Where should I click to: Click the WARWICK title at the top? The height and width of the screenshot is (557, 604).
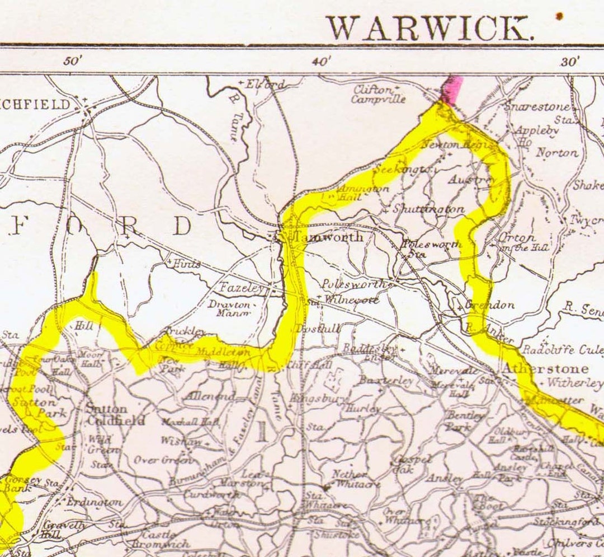428,28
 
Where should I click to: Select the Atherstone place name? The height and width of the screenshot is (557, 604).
545,369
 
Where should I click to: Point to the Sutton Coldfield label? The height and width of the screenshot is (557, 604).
115,415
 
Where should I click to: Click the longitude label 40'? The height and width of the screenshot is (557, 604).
322,61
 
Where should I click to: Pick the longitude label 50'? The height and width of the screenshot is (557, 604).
73,61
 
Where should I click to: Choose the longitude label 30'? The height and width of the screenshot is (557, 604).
569,61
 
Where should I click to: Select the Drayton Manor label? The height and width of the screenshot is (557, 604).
229,309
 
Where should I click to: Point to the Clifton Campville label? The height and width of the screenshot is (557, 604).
379,95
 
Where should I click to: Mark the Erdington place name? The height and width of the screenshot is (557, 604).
94,502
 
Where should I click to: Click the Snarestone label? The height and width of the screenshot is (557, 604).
537,106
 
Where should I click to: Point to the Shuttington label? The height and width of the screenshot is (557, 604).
428,209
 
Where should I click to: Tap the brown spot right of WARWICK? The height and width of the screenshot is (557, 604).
558,16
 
